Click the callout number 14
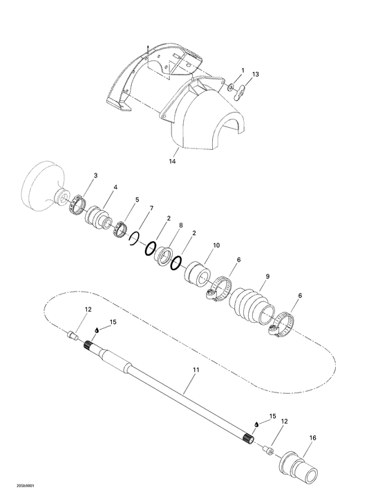click(x=172, y=161)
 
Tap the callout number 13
click(x=256, y=74)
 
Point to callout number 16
click(x=313, y=437)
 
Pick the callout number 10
click(x=216, y=245)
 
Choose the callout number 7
click(x=151, y=208)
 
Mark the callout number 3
click(x=95, y=176)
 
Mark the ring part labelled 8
click(x=164, y=254)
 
